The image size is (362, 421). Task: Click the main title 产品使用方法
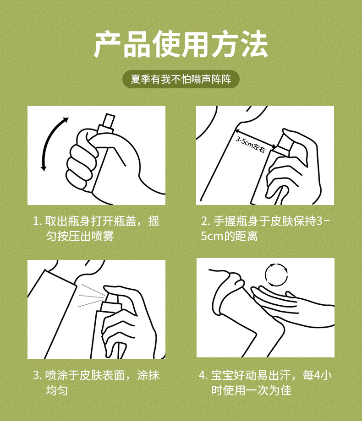(181, 44)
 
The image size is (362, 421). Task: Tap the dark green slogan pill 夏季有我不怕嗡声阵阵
(181, 79)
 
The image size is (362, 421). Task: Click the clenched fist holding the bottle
(82, 161)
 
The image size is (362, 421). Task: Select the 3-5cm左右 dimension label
(251, 145)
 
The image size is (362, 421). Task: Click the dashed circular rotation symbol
(276, 275)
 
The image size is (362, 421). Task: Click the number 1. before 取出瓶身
(38, 221)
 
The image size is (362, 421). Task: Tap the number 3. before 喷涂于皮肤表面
(37, 375)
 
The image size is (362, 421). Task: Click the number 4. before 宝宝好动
(203, 375)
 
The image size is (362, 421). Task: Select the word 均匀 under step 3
(57, 390)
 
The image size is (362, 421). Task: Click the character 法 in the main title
(254, 44)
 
